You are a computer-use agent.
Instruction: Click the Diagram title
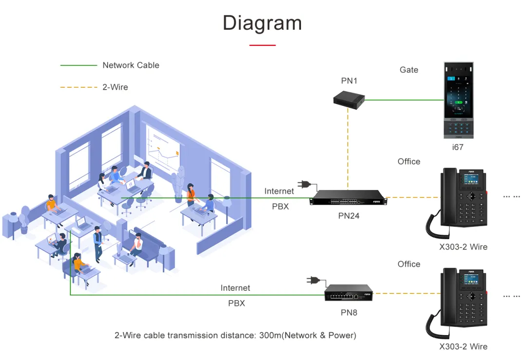(263, 23)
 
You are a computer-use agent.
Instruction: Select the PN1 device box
(349, 100)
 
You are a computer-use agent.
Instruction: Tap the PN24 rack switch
(348, 197)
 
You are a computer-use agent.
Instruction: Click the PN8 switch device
(349, 293)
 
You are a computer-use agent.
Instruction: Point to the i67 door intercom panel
(459, 100)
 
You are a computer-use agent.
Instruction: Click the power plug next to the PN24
(307, 185)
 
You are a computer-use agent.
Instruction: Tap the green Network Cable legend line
(78, 65)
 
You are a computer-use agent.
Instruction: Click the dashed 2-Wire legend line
(78, 87)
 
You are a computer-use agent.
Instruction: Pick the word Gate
(409, 70)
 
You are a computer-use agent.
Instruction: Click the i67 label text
(457, 147)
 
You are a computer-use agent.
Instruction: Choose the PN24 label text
(349, 216)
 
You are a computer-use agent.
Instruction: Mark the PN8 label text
(349, 312)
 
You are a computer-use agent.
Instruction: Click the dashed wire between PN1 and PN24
(348, 149)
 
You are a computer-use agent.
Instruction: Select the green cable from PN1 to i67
(404, 100)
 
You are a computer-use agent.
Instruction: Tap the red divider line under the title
(263, 45)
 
